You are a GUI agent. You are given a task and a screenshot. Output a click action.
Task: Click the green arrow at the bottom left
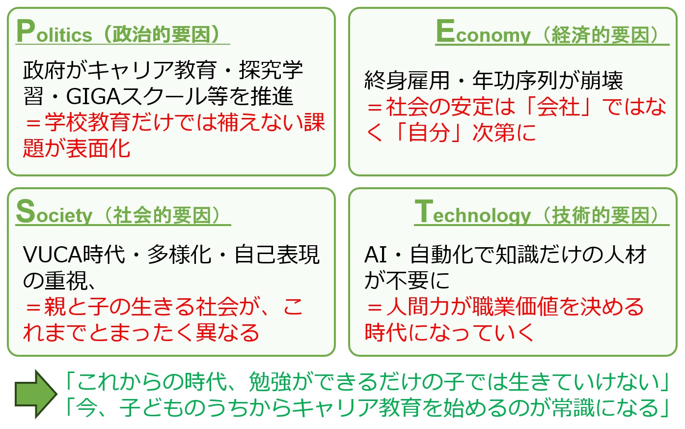(36, 394)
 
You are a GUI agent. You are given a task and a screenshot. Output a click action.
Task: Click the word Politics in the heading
(54, 31)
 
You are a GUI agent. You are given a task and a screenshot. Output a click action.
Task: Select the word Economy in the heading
(483, 31)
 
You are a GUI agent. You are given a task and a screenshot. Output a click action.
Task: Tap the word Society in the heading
(54, 212)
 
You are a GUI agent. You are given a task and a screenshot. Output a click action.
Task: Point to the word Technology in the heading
(473, 212)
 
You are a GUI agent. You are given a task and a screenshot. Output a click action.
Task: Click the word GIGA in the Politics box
(94, 97)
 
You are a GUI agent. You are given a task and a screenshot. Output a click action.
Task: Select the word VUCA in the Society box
(53, 255)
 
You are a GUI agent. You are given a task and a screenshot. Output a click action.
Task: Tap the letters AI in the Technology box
(376, 255)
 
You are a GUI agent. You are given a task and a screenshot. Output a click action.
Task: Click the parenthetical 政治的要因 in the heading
(162, 34)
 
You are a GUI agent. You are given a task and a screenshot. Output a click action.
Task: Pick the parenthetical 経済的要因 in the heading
(601, 34)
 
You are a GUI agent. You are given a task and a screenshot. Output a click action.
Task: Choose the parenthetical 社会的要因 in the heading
(162, 215)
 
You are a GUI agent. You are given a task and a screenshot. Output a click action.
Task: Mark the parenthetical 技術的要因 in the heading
(601, 215)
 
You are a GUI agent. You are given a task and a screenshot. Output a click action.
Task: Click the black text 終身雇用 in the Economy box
(407, 81)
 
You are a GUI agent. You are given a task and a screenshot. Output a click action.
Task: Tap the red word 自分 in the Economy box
(429, 133)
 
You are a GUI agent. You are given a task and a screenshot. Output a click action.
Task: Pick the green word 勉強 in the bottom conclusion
(270, 382)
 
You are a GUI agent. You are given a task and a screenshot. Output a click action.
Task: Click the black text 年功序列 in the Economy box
(516, 81)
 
